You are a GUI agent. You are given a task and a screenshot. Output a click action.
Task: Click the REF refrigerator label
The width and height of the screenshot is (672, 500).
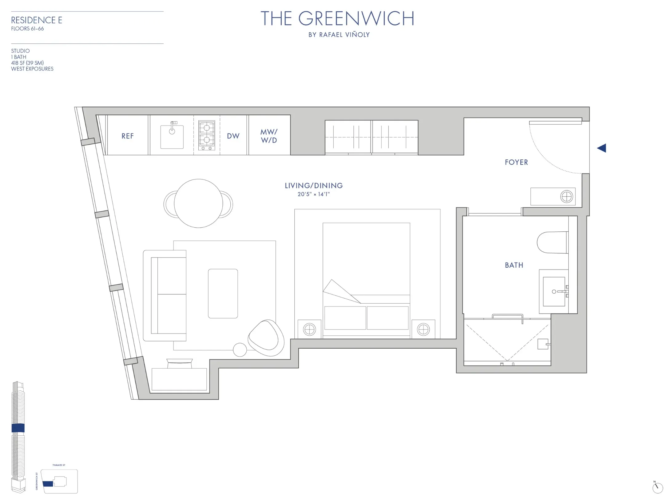[127, 136]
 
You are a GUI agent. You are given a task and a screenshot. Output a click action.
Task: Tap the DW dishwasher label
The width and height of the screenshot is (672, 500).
[233, 136]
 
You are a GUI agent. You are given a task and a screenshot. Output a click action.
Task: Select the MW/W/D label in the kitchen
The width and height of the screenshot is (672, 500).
[269, 136]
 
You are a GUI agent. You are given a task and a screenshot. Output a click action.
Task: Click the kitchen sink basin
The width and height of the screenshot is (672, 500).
[172, 137]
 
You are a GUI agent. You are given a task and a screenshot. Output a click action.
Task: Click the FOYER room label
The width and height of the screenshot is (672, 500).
[516, 162]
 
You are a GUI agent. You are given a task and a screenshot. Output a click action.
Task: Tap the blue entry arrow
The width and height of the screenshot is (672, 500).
[602, 148]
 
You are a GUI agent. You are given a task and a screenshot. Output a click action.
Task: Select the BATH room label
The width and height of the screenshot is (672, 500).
[514, 265]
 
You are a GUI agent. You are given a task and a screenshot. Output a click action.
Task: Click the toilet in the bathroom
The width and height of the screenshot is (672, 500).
[552, 242]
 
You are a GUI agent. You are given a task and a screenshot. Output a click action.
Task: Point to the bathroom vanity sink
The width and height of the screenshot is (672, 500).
[554, 291]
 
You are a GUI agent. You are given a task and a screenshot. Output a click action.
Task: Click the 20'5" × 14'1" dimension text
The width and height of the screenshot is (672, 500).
[313, 194]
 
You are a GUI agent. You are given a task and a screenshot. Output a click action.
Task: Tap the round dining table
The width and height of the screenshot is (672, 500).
[198, 203]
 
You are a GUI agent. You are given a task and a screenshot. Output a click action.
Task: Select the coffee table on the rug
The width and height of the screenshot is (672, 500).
[223, 294]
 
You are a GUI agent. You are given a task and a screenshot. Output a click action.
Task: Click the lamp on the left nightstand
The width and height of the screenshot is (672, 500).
[309, 330]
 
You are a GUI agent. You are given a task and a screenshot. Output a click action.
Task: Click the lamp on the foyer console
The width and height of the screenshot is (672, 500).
[566, 196]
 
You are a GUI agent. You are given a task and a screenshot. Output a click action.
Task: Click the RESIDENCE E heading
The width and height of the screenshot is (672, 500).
[37, 20]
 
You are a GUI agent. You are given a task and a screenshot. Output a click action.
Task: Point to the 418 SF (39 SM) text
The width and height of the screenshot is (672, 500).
[27, 63]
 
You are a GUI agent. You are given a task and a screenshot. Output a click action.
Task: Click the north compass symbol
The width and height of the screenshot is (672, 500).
[657, 487]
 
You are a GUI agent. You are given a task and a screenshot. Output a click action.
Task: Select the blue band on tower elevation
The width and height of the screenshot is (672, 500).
[18, 428]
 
